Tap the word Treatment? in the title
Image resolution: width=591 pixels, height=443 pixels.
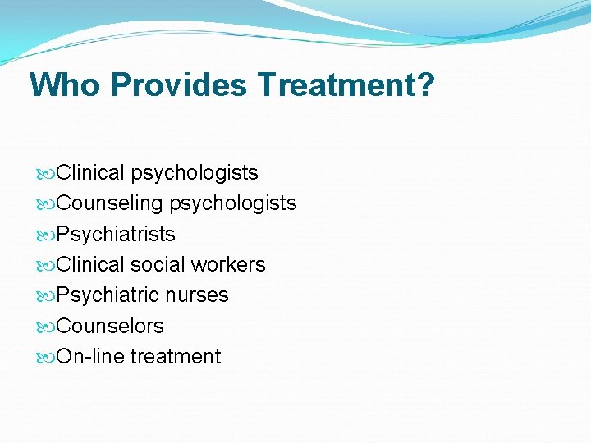346,84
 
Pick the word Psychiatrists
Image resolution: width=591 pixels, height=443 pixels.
116,235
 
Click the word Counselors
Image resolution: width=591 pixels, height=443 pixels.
110,327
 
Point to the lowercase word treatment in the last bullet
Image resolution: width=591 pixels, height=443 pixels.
176,357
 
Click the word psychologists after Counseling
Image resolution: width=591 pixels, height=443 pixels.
233,203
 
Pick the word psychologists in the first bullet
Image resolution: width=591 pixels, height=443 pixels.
195,173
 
